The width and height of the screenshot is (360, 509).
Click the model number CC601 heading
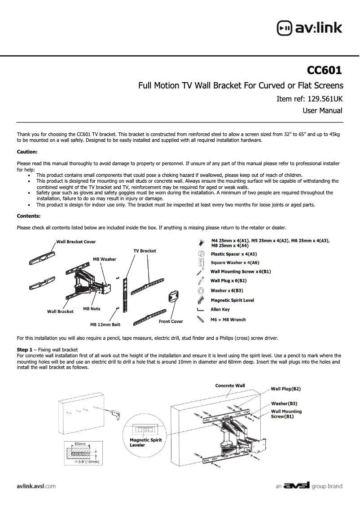click(324, 70)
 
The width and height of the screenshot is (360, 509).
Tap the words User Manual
click(322, 110)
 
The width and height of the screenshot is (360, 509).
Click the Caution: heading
click(27, 152)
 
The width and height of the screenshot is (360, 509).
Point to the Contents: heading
click(29, 216)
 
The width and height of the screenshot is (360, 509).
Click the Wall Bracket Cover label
click(76, 242)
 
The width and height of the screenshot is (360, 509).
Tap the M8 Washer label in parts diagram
click(104, 259)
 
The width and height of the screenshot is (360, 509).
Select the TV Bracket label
click(145, 251)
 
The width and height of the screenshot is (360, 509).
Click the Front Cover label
click(171, 321)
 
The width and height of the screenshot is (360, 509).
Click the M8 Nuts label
click(92, 309)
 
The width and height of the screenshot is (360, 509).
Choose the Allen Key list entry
click(220, 310)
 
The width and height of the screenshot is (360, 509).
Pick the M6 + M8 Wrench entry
click(228, 320)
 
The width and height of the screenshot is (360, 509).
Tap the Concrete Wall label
click(230, 386)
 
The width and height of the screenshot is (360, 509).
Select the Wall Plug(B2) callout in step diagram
click(285, 389)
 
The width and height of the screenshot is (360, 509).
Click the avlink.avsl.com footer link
click(36, 486)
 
